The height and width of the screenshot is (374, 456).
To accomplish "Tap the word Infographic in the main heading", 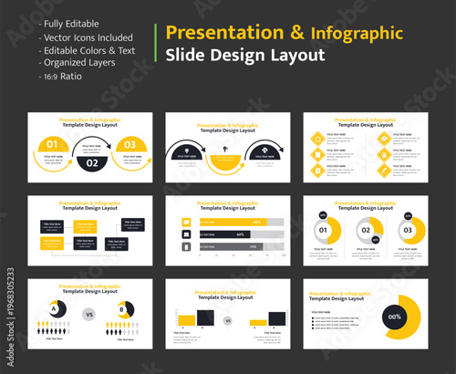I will point(357,34).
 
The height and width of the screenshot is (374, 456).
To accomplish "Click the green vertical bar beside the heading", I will point(158,44).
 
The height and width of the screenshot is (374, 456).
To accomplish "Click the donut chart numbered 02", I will point(366,230).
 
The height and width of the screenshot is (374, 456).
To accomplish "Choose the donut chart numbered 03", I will point(408,230).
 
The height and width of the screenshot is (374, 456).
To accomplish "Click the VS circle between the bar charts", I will point(227,320).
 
